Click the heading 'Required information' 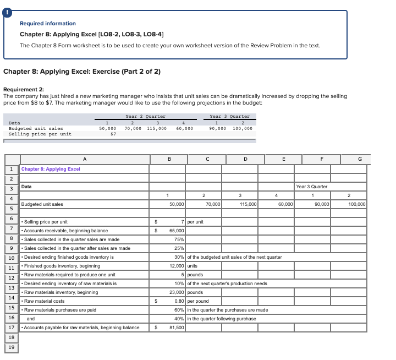point(48,24)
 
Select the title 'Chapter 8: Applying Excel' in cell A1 point(51,169)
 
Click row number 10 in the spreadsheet point(11,258)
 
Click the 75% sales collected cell point(179,239)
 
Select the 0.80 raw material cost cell point(179,301)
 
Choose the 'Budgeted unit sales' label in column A point(42,204)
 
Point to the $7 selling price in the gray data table point(113,134)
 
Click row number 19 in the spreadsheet point(11,347)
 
